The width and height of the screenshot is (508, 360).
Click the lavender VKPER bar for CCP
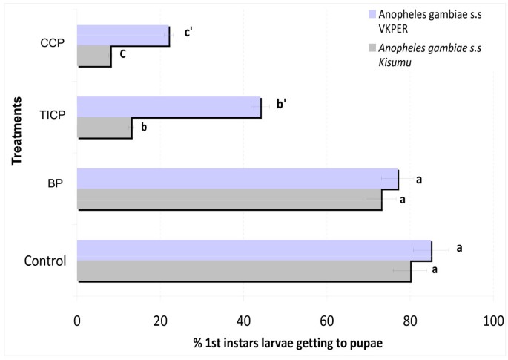122,36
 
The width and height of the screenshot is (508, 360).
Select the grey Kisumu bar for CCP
93,56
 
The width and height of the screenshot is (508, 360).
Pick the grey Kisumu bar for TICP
104,128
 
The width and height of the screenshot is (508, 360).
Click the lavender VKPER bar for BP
237,179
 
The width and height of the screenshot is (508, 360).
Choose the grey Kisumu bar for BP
229,199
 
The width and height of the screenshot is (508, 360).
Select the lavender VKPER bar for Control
254,250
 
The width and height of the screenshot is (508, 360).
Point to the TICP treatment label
52,116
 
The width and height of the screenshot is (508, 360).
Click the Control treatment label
45,261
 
